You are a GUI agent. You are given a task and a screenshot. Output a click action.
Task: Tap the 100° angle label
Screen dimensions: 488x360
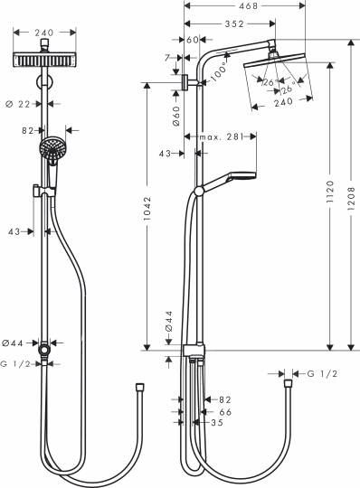point(217,75)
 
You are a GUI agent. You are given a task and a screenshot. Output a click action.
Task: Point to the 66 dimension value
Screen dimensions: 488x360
point(226,410)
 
